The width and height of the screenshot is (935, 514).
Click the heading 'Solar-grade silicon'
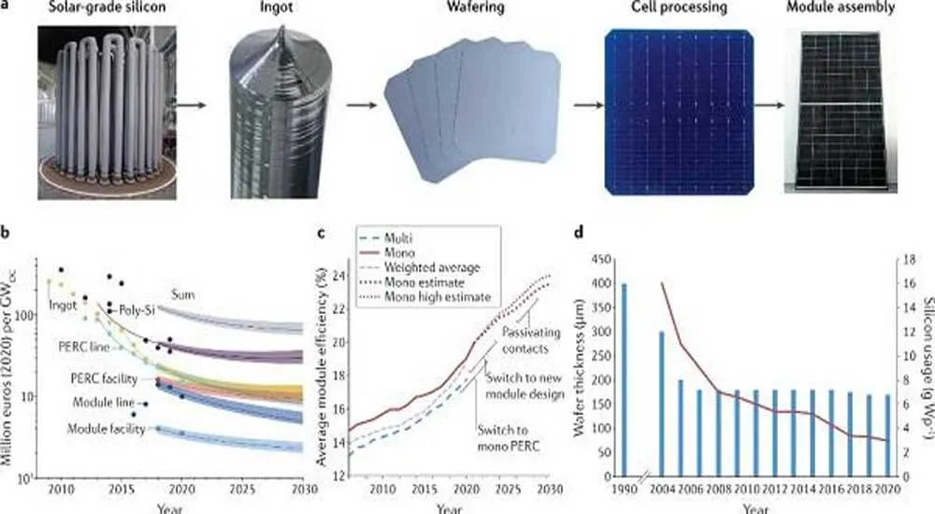click(98, 10)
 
